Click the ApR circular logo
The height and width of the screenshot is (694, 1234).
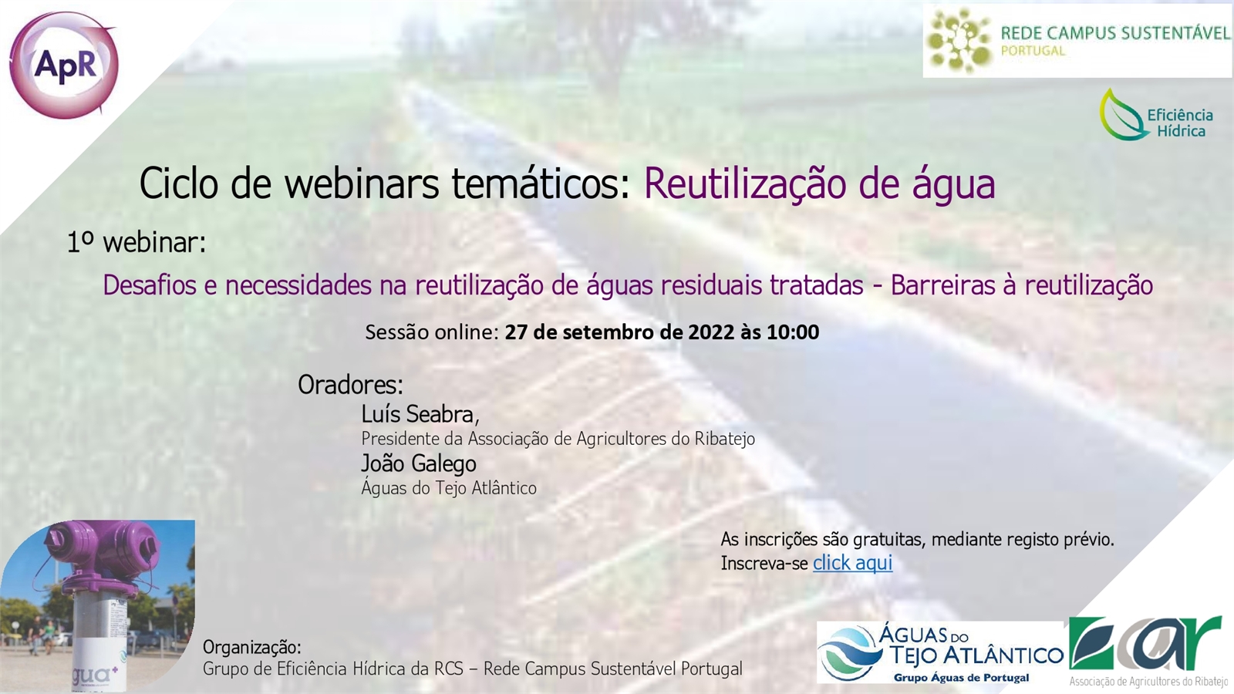tap(64, 65)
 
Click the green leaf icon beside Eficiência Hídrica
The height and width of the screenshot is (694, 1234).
tap(1122, 115)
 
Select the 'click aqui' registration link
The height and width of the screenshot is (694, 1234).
tap(852, 563)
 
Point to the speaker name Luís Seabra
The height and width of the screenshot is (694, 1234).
tap(420, 414)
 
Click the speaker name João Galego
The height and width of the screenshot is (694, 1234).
tap(419, 463)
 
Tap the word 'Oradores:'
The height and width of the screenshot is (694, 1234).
tap(350, 385)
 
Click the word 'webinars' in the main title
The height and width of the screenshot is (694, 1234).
tap(362, 184)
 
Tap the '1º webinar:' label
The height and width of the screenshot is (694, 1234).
tap(137, 242)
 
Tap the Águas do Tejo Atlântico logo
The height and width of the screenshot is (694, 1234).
tap(940, 652)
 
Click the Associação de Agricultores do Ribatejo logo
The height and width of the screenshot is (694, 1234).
tap(1151, 651)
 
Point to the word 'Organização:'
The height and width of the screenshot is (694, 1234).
tap(252, 647)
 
